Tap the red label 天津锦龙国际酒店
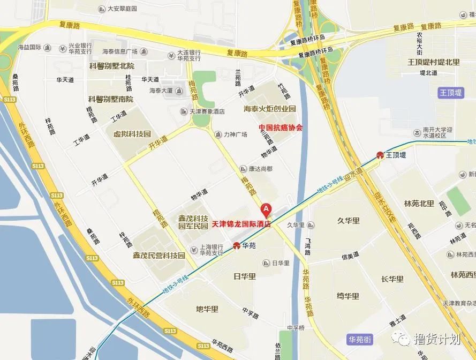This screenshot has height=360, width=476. [x=241, y=224]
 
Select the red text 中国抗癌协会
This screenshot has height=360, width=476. [x=280, y=128]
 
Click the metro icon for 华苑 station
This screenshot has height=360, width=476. [x=237, y=245]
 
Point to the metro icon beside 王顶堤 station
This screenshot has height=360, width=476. [x=380, y=155]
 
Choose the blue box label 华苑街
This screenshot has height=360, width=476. [x=359, y=339]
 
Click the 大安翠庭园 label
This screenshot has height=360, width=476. [x=122, y=9]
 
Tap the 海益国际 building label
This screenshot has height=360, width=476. [x=29, y=48]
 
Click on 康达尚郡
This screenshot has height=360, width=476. [x=260, y=168]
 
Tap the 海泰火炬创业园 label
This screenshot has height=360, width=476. [x=270, y=109]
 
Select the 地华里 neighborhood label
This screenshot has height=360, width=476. [x=207, y=309]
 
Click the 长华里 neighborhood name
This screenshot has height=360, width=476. [x=392, y=279]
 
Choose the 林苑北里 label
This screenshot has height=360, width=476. [x=419, y=204]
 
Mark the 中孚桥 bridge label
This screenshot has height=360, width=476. [x=295, y=328]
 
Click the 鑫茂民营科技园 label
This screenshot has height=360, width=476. [x=158, y=256]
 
